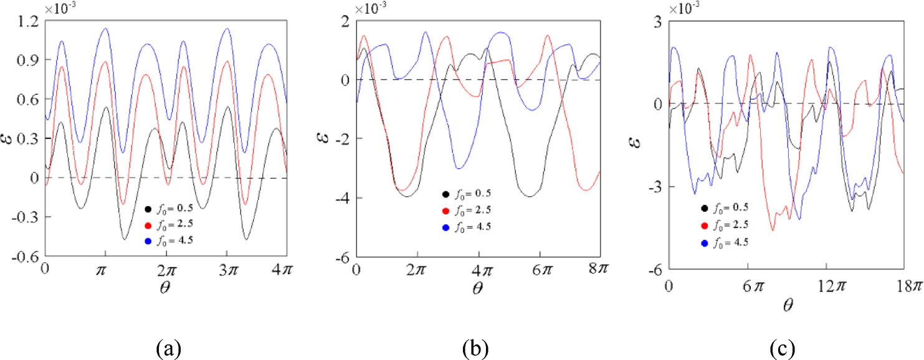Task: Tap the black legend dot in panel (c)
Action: pyautogui.click(x=704, y=207)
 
